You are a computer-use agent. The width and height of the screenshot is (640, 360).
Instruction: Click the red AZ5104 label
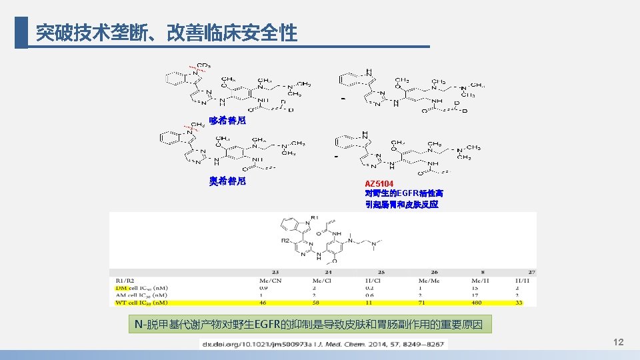pos(379,183)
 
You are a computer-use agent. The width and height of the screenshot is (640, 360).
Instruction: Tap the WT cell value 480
pos(476,302)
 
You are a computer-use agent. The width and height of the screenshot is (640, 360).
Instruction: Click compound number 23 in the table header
pos(275,272)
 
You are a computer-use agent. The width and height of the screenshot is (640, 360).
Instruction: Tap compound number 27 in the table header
pos(531,272)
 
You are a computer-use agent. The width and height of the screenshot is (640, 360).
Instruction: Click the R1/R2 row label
pos(125,280)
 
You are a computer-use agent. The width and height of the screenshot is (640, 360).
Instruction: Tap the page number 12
pos(618,342)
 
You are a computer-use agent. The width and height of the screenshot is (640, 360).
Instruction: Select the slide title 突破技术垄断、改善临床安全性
pos(166,33)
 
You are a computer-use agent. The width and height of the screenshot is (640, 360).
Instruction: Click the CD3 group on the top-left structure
pos(203,65)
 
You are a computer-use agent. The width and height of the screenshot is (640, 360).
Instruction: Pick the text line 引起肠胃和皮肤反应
pos(401,205)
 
